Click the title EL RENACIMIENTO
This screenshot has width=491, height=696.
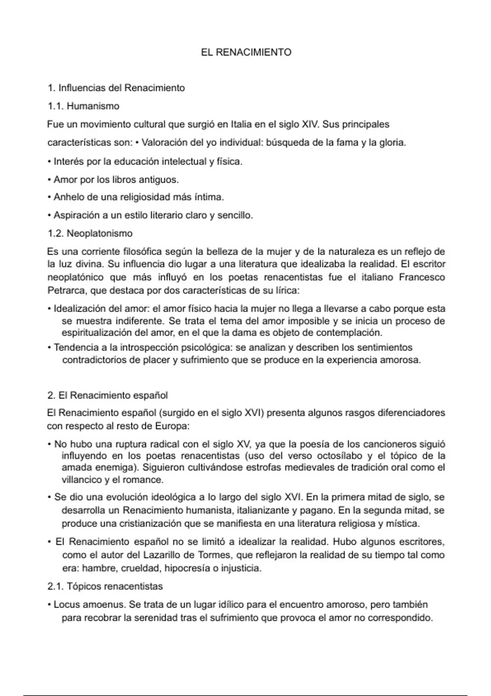point(246,52)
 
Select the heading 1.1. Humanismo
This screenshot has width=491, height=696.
point(83,106)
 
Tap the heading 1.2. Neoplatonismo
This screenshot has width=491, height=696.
point(90,233)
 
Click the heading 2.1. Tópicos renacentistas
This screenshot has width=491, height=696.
point(105,586)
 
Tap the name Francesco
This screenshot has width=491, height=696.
point(422,277)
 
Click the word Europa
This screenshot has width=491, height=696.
point(172,426)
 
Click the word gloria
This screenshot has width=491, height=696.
point(392,143)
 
